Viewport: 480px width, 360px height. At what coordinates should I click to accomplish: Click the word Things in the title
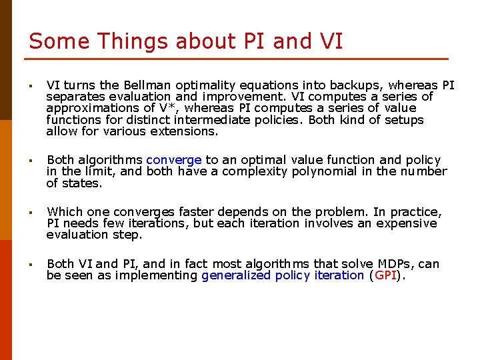point(133,41)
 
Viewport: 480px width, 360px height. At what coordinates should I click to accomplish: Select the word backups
point(357,85)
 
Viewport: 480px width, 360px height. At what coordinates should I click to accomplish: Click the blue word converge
point(174,160)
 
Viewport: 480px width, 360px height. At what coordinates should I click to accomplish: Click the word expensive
point(407,223)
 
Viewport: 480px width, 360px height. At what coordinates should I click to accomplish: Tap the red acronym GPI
point(386,275)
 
